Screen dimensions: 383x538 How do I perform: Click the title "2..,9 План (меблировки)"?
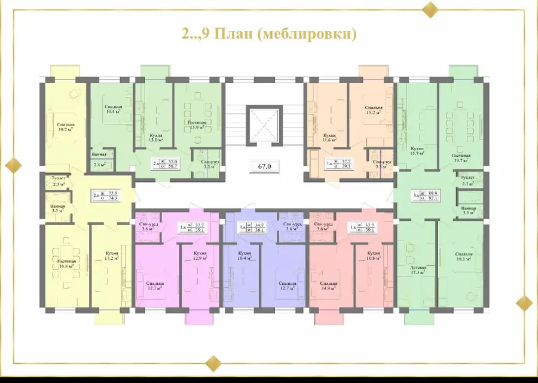[x=269, y=34]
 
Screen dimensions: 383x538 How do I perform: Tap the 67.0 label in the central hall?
[x=265, y=167]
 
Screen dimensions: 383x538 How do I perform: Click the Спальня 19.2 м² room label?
[x=65, y=127]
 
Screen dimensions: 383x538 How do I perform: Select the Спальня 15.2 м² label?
[x=374, y=112]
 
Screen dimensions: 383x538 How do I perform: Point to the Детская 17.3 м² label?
[x=418, y=270]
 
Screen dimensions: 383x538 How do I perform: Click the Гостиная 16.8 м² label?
[x=66, y=264]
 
